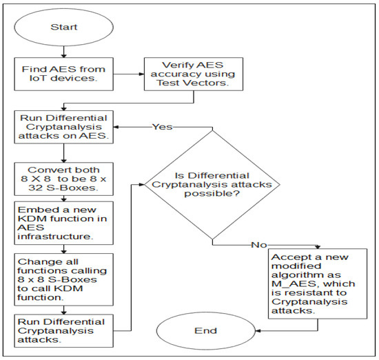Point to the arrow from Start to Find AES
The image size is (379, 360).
[63, 52]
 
